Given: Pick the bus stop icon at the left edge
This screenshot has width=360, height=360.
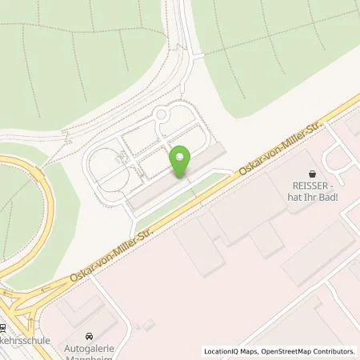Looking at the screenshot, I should [3, 328].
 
